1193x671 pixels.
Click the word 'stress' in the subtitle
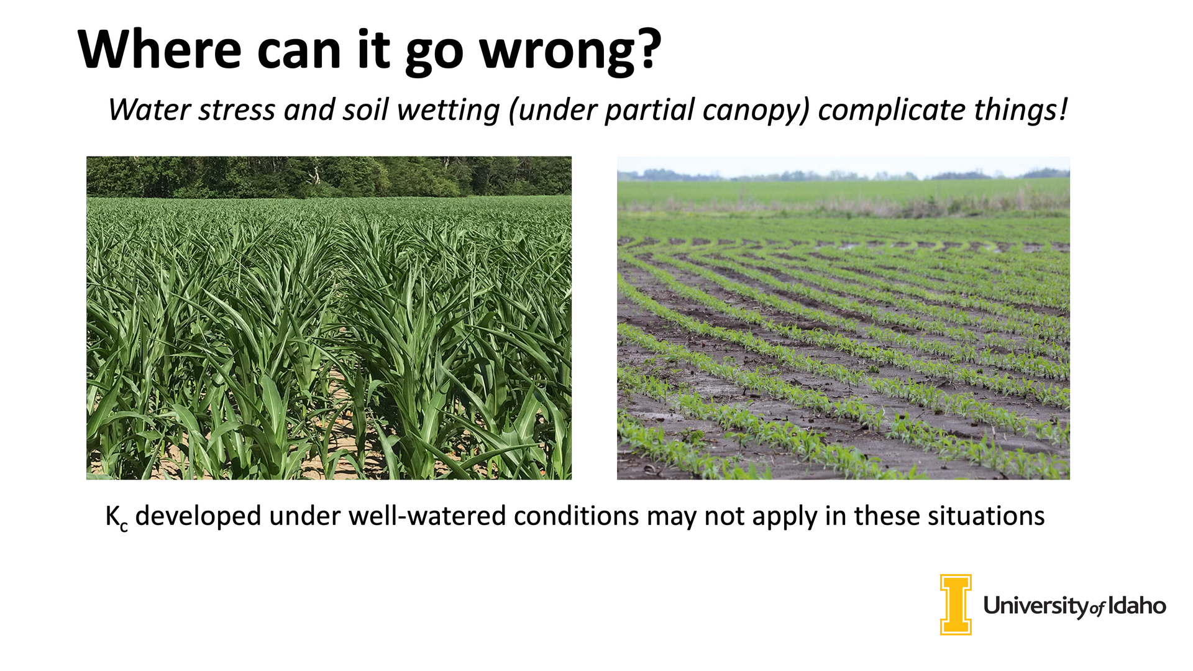(237, 111)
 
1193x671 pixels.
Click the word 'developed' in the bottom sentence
(198, 517)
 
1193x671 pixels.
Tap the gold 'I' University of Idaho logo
(956, 605)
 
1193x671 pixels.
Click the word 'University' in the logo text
(1036, 606)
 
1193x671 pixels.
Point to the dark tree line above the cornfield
(329, 176)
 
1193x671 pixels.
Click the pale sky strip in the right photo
(843, 166)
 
